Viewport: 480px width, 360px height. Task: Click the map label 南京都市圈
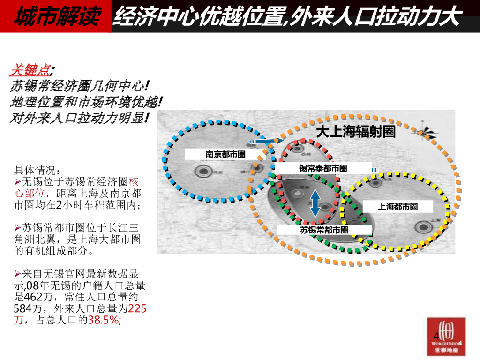(225, 154)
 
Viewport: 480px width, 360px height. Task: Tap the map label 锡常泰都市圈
(323, 168)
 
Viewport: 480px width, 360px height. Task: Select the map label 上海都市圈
(397, 206)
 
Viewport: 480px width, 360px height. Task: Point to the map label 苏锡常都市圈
(324, 230)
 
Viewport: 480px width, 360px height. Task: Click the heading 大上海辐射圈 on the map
(355, 132)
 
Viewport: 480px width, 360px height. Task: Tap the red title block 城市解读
(56, 17)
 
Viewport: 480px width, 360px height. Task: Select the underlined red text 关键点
(30, 71)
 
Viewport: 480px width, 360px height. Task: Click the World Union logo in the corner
(446, 336)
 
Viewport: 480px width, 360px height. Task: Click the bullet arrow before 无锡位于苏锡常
(18, 181)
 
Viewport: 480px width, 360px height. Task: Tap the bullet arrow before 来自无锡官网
(18, 274)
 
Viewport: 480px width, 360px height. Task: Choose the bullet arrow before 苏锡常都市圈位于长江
(18, 228)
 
